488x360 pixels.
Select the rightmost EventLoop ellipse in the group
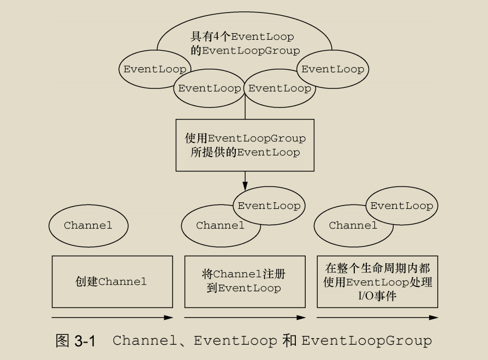tap(332, 69)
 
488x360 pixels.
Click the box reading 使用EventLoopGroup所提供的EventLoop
tap(245, 145)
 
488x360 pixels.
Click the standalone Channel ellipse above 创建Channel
tap(88, 225)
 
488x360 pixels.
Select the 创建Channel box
tap(112, 281)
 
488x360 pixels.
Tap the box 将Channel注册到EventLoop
tap(245, 281)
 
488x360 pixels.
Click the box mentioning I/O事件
tap(377, 281)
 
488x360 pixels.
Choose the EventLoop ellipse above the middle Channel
tap(269, 206)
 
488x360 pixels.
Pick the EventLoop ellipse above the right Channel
tap(401, 206)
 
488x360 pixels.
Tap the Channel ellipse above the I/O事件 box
tap(352, 226)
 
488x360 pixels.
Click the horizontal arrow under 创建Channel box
tap(112, 317)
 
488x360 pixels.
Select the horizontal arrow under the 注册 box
tap(245, 317)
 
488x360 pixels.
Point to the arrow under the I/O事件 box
tap(377, 317)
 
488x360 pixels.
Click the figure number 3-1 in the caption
tap(84, 341)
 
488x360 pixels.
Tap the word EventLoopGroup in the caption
tap(366, 341)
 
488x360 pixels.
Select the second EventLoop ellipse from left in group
tap(209, 88)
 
